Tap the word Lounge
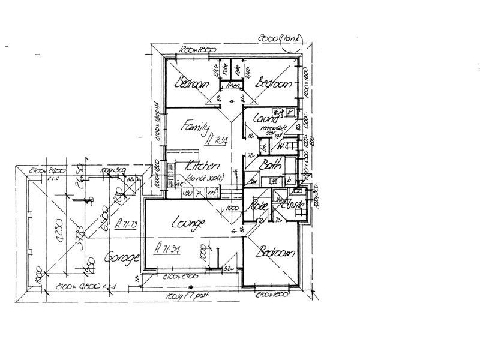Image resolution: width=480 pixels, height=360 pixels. [x=189, y=223]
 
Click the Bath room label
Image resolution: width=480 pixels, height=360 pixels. [x=266, y=166]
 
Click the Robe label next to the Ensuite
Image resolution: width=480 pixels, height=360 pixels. [x=259, y=206]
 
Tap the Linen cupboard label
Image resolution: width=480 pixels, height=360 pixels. [x=232, y=85]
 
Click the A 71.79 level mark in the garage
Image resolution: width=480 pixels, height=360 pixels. [x=127, y=225]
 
